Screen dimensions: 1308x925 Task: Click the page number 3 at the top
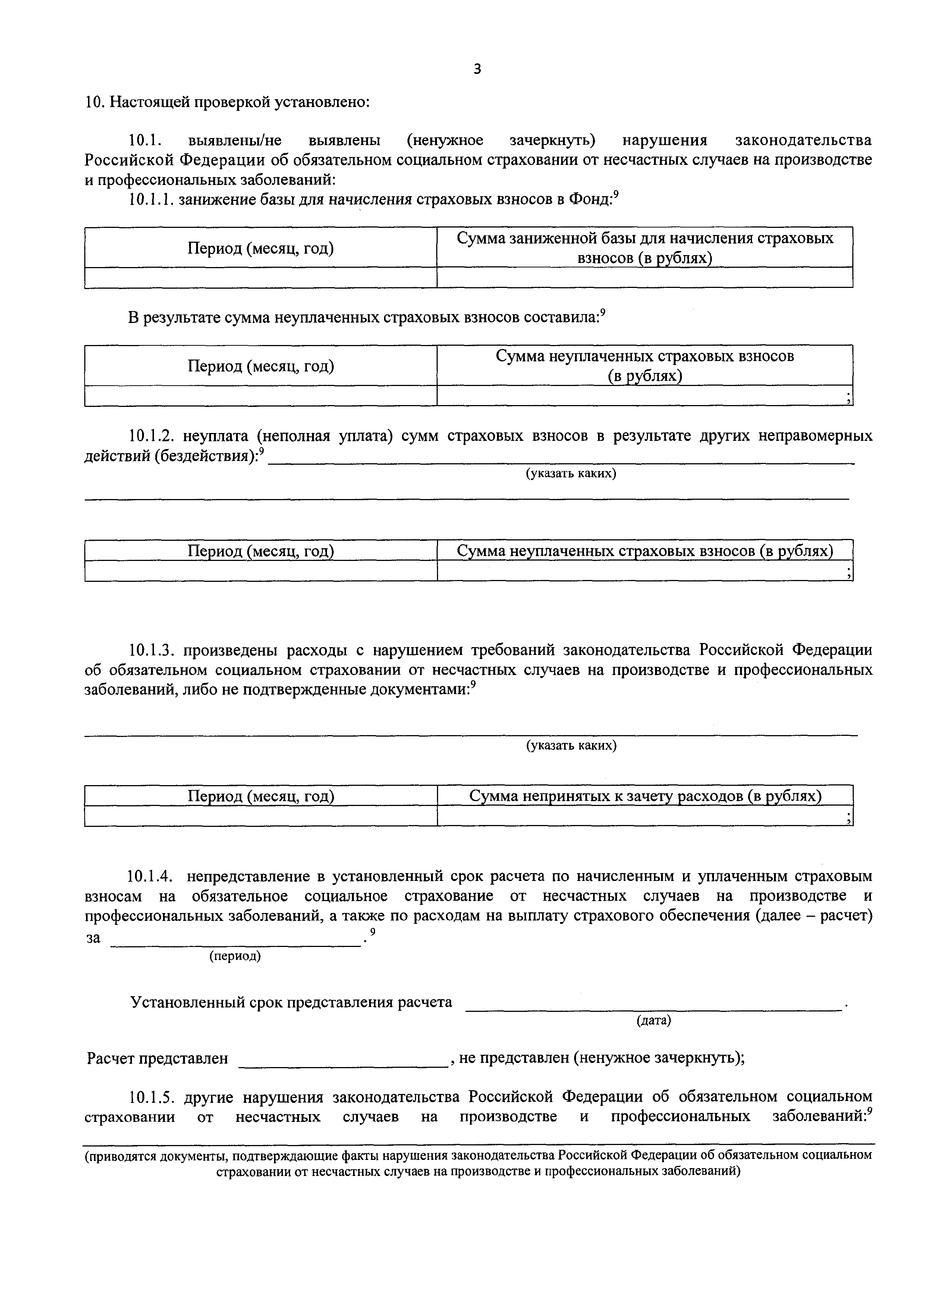[477, 69]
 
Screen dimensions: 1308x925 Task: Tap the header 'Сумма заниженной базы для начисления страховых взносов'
[645, 248]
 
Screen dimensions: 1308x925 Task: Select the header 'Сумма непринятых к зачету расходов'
[645, 796]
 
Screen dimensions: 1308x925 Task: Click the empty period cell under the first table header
[261, 277]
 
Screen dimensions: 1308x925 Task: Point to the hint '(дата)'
[653, 1021]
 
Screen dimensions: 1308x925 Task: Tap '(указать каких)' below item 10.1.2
[571, 473]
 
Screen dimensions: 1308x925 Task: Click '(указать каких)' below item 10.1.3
[571, 745]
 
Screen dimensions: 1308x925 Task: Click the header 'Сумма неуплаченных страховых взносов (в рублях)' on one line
[645, 551]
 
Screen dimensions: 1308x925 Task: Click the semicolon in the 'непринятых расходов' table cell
[848, 819]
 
